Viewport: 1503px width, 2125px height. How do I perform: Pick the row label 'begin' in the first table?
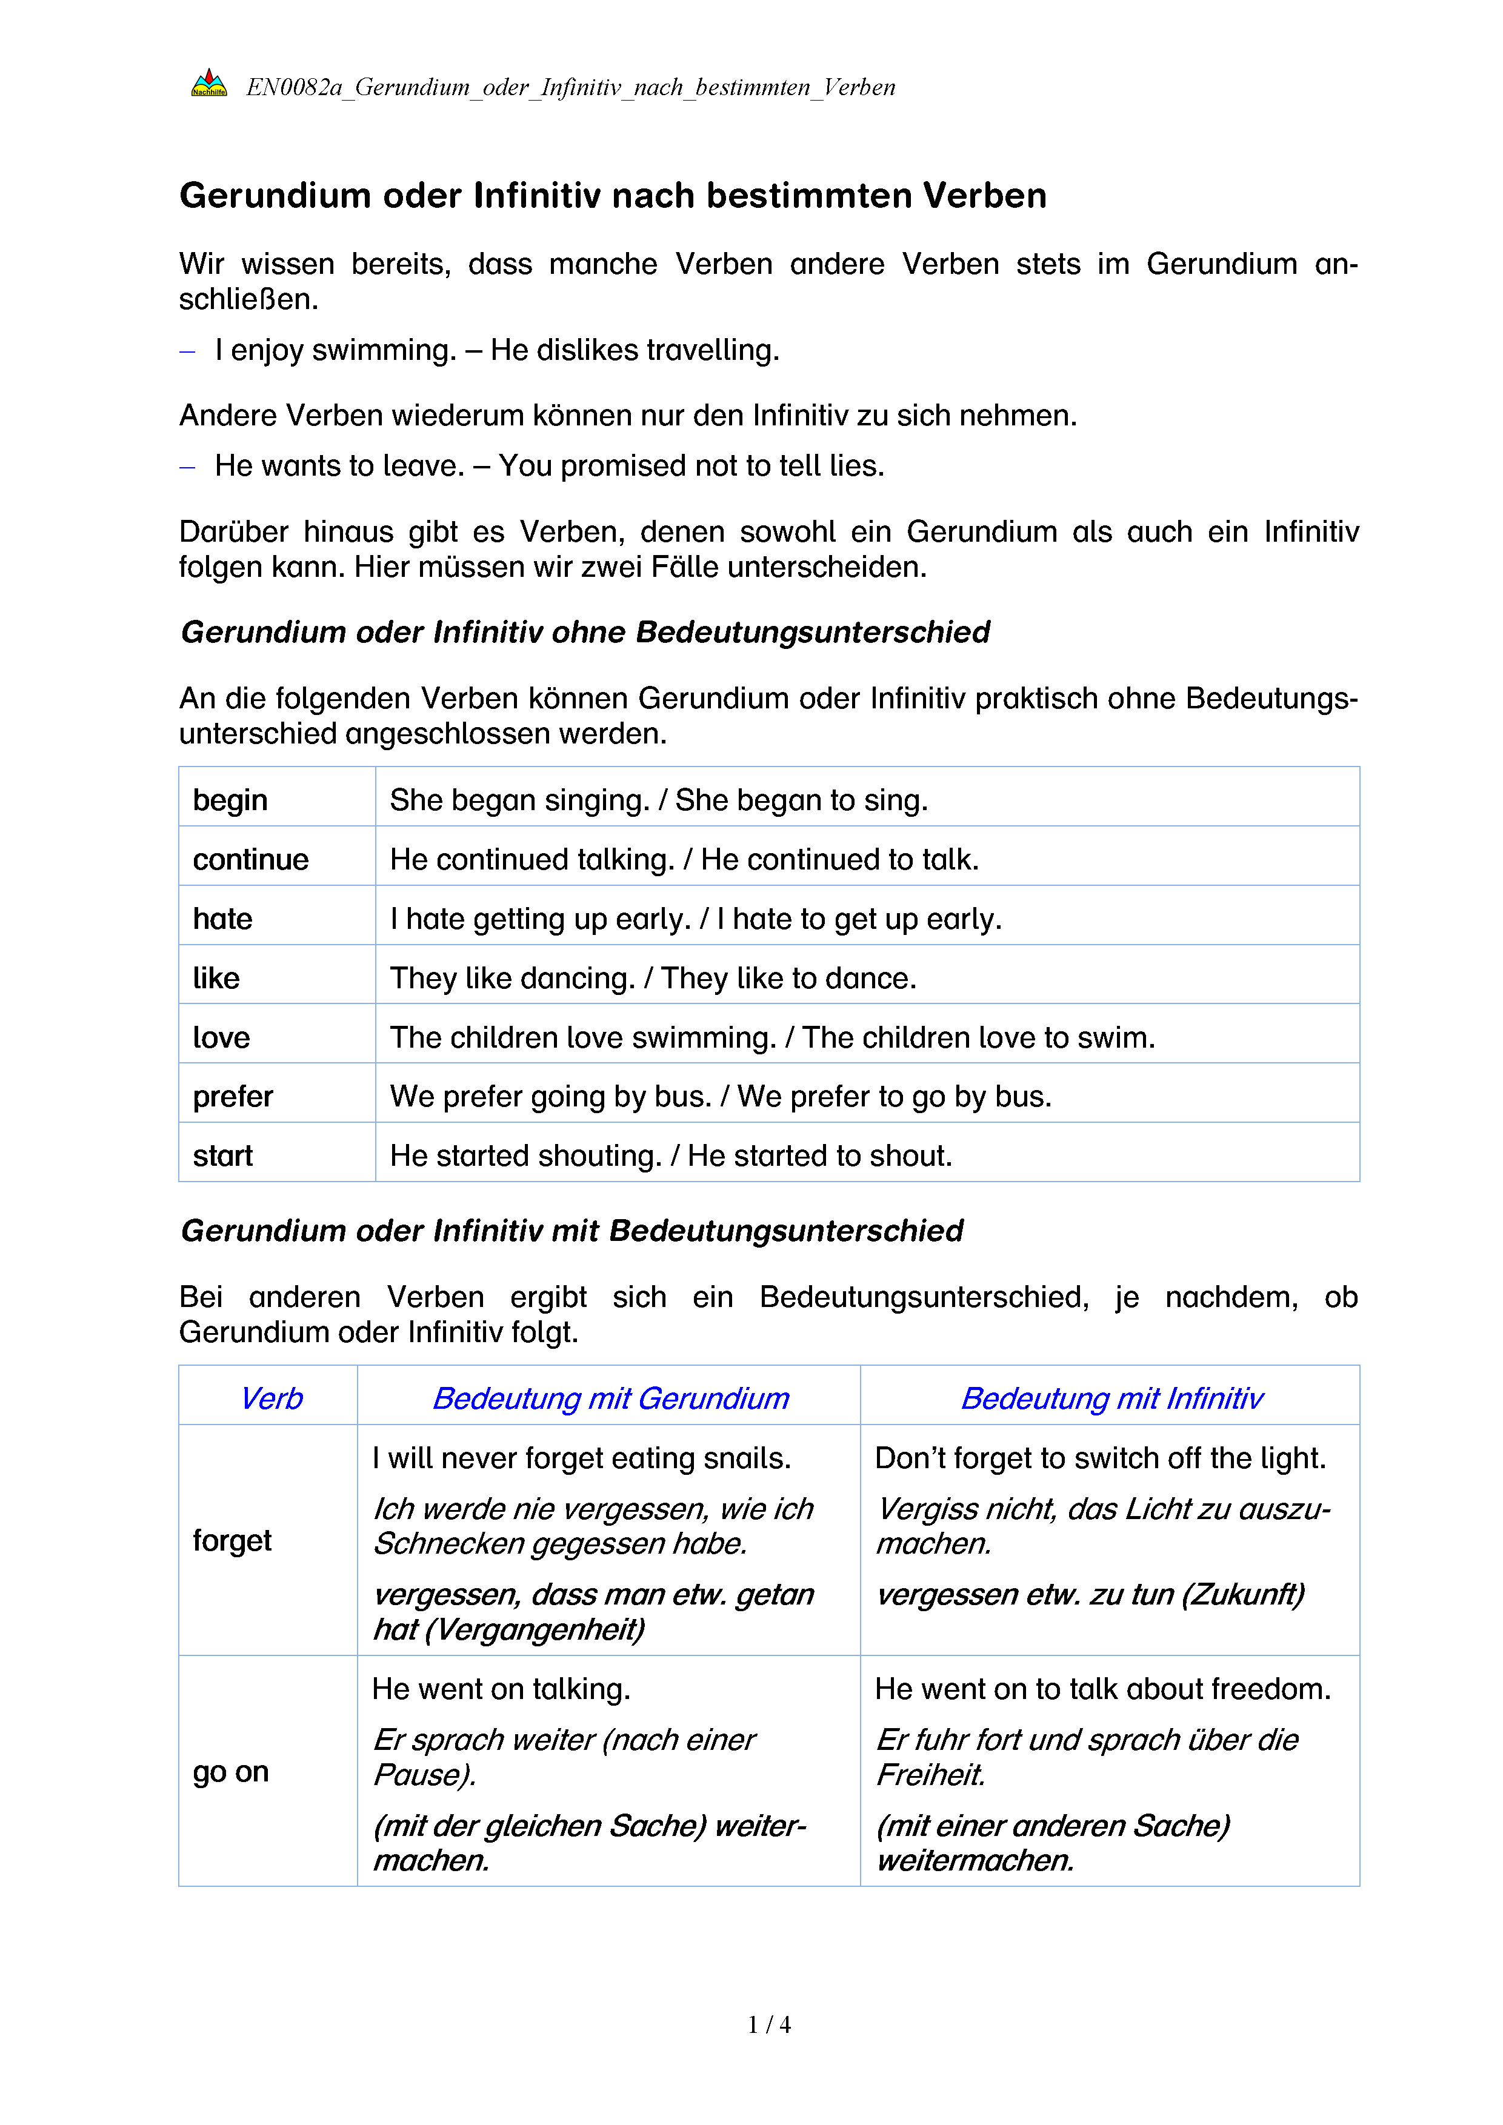pos(230,800)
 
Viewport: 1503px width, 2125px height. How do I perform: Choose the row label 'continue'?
pos(250,859)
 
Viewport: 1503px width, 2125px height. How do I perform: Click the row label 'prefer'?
pos(232,1096)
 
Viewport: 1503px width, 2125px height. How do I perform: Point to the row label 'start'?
pos(222,1155)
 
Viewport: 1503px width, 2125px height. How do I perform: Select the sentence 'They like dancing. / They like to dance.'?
pos(653,977)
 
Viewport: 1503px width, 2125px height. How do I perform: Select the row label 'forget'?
pos(232,1540)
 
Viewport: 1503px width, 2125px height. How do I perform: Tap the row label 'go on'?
pos(230,1772)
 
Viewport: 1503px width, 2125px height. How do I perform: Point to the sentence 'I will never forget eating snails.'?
pos(580,1458)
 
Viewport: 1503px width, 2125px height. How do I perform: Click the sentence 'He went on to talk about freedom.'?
pos(1102,1689)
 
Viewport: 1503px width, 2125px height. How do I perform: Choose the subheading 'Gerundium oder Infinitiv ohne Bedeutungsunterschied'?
pos(585,632)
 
